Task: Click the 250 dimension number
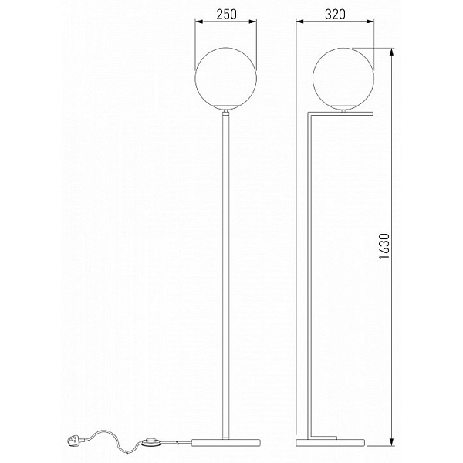[x=226, y=14]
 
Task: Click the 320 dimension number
[x=335, y=14]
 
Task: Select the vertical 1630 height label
[x=384, y=246]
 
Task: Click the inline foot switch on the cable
[x=150, y=442]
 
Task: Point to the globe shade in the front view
[x=226, y=79]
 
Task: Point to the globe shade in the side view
[x=343, y=79]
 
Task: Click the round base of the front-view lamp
[x=226, y=442]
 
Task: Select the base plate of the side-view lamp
[x=330, y=442]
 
